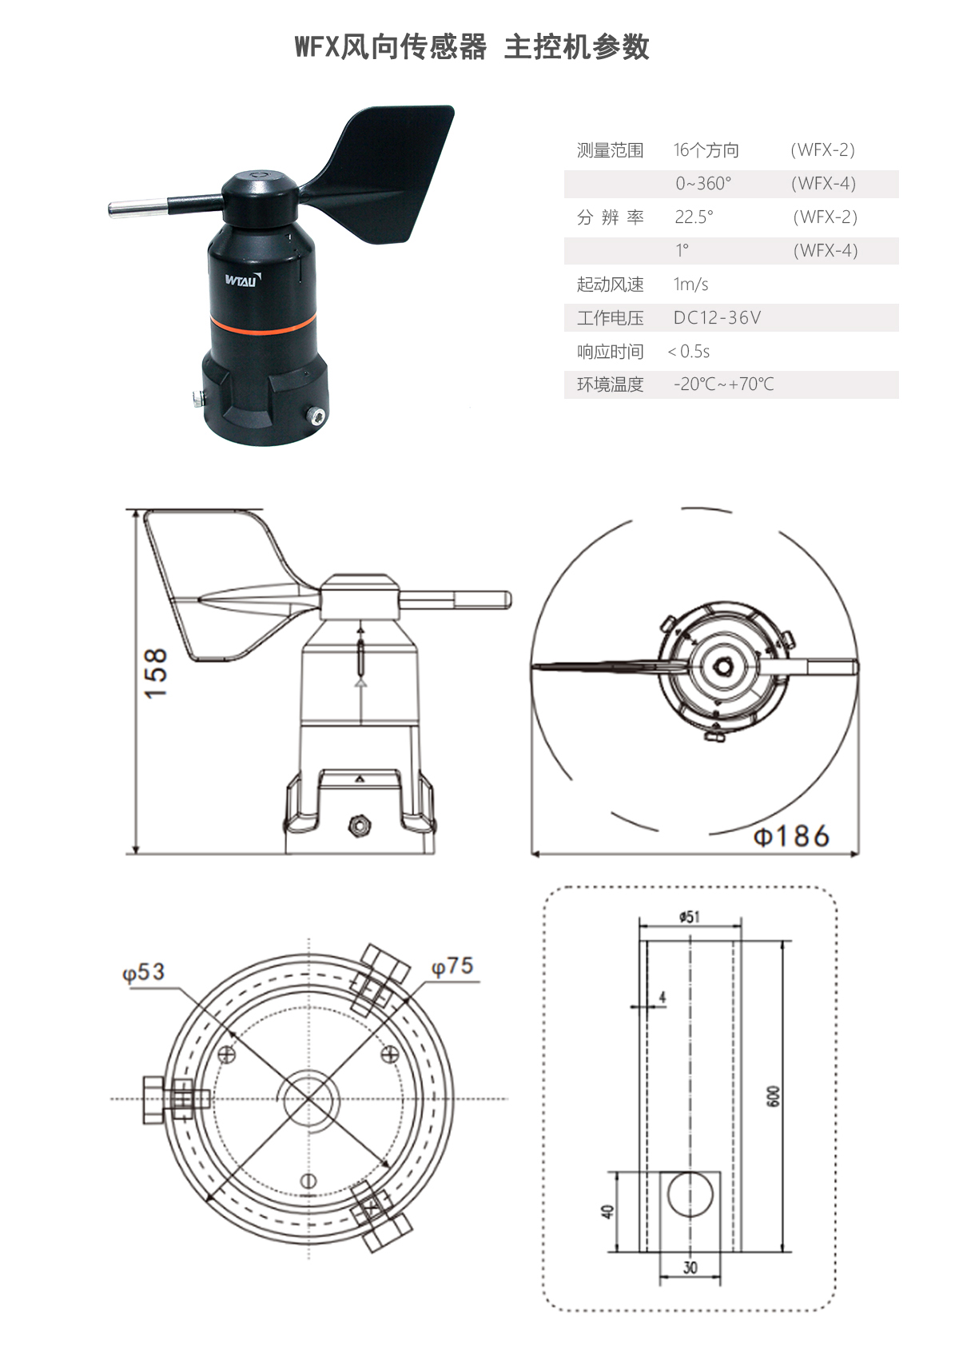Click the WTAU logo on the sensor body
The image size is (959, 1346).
[x=242, y=280]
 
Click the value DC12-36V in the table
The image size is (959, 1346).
[x=717, y=318]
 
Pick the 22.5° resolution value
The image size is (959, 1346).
[x=694, y=217]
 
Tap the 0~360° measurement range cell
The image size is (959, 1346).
[x=703, y=184]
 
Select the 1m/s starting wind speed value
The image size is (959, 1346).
[x=690, y=285]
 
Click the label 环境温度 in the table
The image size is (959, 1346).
[x=610, y=384]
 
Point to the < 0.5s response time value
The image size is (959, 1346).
[x=688, y=352]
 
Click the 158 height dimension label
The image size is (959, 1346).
[x=157, y=673]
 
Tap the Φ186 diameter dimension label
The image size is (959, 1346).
[x=791, y=837]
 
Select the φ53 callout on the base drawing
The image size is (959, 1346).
[x=143, y=973]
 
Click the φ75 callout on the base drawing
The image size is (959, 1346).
[x=452, y=966]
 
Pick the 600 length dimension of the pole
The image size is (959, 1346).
[x=773, y=1096]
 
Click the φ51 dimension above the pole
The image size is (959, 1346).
[x=689, y=917]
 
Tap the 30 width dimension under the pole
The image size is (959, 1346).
[x=690, y=1267]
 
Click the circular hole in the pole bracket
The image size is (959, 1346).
[x=690, y=1194]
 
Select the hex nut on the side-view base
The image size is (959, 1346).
[x=359, y=825]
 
